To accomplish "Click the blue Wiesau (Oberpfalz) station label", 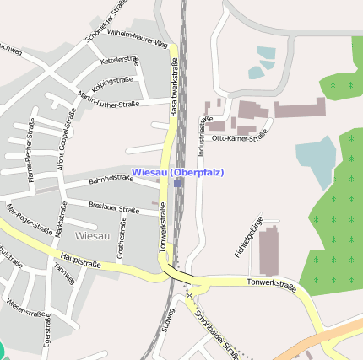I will [x=178, y=173].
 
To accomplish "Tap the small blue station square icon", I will [x=178, y=182].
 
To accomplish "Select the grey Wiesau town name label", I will [x=92, y=235].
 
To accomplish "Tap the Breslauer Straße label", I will [x=113, y=207].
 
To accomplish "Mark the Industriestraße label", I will [x=203, y=136].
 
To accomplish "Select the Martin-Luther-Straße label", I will [x=107, y=99].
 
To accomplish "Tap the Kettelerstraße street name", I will [x=119, y=61].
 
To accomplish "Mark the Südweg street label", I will [x=169, y=320].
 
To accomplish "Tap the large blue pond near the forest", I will [x=315, y=161].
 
